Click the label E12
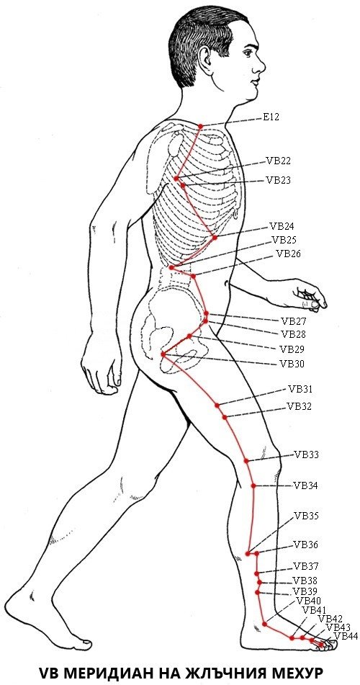(271, 117)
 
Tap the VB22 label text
(279, 161)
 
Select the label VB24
(282, 226)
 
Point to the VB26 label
(288, 254)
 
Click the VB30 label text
(292, 364)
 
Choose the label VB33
(306, 455)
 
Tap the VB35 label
(306, 516)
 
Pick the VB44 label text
(346, 636)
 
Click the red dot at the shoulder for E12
(201, 126)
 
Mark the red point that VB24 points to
(215, 238)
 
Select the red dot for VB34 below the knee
(253, 485)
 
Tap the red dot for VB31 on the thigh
(217, 405)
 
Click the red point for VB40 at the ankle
(265, 624)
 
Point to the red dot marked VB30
(163, 354)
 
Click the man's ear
(204, 56)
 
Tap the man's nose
(261, 66)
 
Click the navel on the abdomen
(227, 283)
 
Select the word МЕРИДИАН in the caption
(118, 672)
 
